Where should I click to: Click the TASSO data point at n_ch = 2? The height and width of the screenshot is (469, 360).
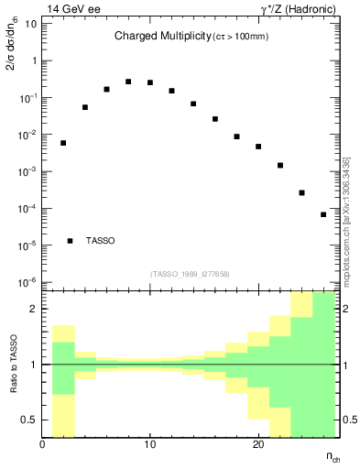(x=63, y=143)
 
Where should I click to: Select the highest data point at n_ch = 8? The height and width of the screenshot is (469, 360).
(x=128, y=82)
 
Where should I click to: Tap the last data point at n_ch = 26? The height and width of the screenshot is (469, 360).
(x=323, y=214)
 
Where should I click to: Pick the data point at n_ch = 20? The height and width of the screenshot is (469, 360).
(x=258, y=147)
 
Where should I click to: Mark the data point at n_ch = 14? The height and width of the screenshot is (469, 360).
(x=193, y=104)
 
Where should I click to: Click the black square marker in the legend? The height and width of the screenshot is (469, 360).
(x=70, y=241)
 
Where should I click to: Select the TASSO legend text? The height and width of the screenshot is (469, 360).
(x=101, y=241)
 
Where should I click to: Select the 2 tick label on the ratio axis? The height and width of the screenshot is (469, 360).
(x=33, y=309)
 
